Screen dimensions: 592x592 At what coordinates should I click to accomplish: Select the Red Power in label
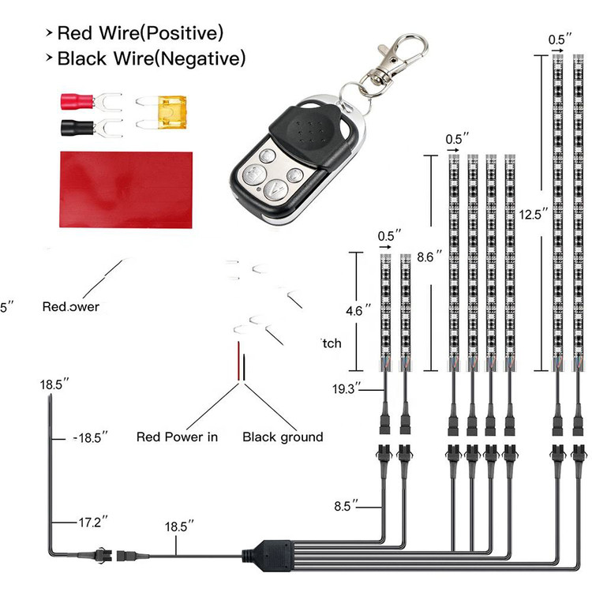[177, 437]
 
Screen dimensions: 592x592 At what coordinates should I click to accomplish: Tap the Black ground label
[283, 437]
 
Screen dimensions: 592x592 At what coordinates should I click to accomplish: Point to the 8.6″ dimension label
[429, 257]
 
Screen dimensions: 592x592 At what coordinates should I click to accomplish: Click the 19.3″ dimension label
[347, 388]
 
